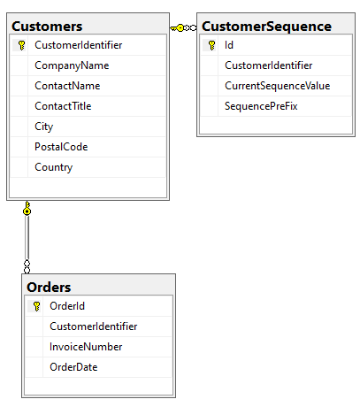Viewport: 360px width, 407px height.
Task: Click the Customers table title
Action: pyautogui.click(x=47, y=27)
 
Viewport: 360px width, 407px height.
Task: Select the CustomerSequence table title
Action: pyautogui.click(x=266, y=27)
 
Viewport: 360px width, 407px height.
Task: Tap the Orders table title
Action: pyautogui.click(x=49, y=288)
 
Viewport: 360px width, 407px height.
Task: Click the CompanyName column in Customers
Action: pyautogui.click(x=72, y=65)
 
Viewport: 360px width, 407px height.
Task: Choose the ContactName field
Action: pyautogui.click(x=67, y=86)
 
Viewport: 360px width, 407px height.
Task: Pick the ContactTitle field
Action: pyautogui.click(x=63, y=106)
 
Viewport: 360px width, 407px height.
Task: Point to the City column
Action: pyautogui.click(x=43, y=127)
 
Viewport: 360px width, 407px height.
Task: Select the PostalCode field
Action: pyautogui.click(x=61, y=147)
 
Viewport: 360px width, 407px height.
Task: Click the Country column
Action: pyautogui.click(x=53, y=167)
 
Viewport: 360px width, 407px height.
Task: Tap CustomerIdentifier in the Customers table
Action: pyautogui.click(x=78, y=45)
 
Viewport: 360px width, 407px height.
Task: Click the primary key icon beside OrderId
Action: pyautogui.click(x=36, y=306)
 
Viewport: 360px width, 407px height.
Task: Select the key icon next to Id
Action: pyautogui.click(x=211, y=45)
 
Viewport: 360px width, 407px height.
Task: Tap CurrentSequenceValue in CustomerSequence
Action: pyautogui.click(x=277, y=86)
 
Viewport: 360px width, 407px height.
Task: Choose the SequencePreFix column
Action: pyautogui.click(x=261, y=106)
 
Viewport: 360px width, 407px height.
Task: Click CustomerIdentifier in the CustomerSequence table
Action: pyautogui.click(x=268, y=65)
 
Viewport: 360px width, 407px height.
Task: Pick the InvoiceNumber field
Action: pyautogui.click(x=86, y=347)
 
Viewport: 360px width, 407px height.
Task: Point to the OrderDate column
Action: pyautogui.click(x=73, y=367)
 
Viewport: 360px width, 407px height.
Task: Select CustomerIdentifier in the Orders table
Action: pyautogui.click(x=93, y=326)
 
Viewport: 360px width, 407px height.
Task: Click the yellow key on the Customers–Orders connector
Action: pyautogui.click(x=27, y=208)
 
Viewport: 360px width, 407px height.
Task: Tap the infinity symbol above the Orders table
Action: pyautogui.click(x=27, y=267)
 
